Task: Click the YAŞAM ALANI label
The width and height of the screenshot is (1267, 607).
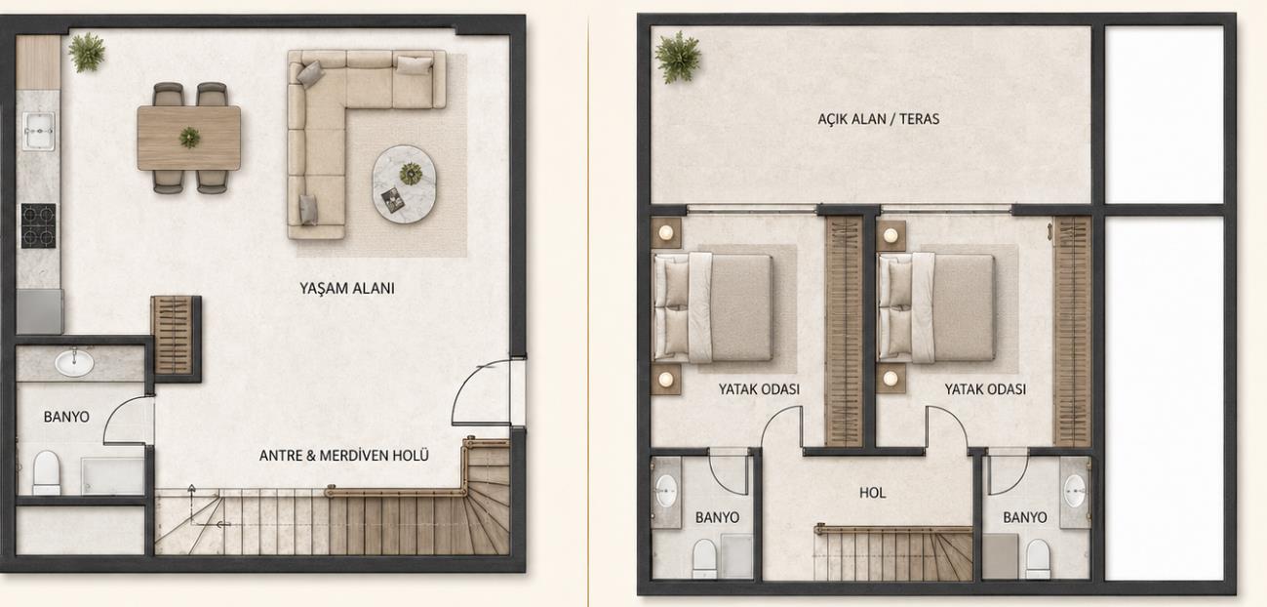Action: pos(346,289)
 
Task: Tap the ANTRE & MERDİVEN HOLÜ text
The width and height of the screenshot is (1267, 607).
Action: pos(344,456)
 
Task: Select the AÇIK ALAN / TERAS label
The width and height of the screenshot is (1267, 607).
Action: pos(879,119)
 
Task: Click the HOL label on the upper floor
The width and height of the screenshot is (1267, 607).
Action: pos(872,493)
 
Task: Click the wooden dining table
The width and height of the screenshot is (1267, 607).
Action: pos(189,138)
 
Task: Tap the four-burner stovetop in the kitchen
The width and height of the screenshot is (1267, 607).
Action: pos(38,225)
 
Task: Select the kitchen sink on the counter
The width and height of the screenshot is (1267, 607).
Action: pos(38,131)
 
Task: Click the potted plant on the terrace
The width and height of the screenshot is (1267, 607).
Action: pos(678,58)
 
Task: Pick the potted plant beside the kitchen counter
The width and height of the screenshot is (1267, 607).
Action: pos(87,52)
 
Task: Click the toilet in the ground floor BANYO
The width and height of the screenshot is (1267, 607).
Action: pos(46,472)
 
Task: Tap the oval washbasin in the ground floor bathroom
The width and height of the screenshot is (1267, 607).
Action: pos(74,363)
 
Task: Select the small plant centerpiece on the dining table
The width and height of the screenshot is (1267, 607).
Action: pos(189,138)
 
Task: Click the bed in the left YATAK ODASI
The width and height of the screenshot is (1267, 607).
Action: pos(713,307)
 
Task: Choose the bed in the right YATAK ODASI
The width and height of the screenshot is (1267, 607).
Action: pos(936,307)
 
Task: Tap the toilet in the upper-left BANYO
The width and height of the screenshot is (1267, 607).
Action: pos(705,558)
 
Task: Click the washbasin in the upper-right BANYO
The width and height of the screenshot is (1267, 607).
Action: pos(1074,491)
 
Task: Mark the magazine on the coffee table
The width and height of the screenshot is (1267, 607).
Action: pos(392,200)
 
